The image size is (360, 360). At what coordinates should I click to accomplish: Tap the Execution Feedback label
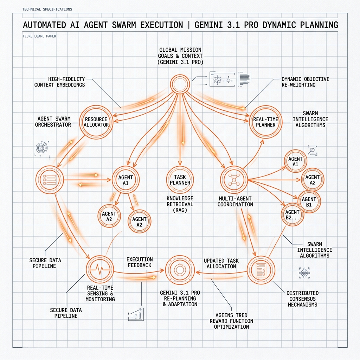140,262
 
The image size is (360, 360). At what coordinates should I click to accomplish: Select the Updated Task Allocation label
221,264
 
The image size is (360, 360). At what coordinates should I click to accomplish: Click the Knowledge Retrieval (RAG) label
180,204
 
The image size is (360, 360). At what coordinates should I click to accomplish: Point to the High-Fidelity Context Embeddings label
60,82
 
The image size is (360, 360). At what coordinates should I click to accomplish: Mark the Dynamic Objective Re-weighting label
306,82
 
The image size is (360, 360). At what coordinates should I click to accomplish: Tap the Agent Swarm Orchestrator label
53,122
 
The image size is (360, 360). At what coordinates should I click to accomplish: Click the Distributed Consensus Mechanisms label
303,299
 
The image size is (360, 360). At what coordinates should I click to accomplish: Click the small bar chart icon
136,314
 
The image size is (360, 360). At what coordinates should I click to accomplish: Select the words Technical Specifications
47,9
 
